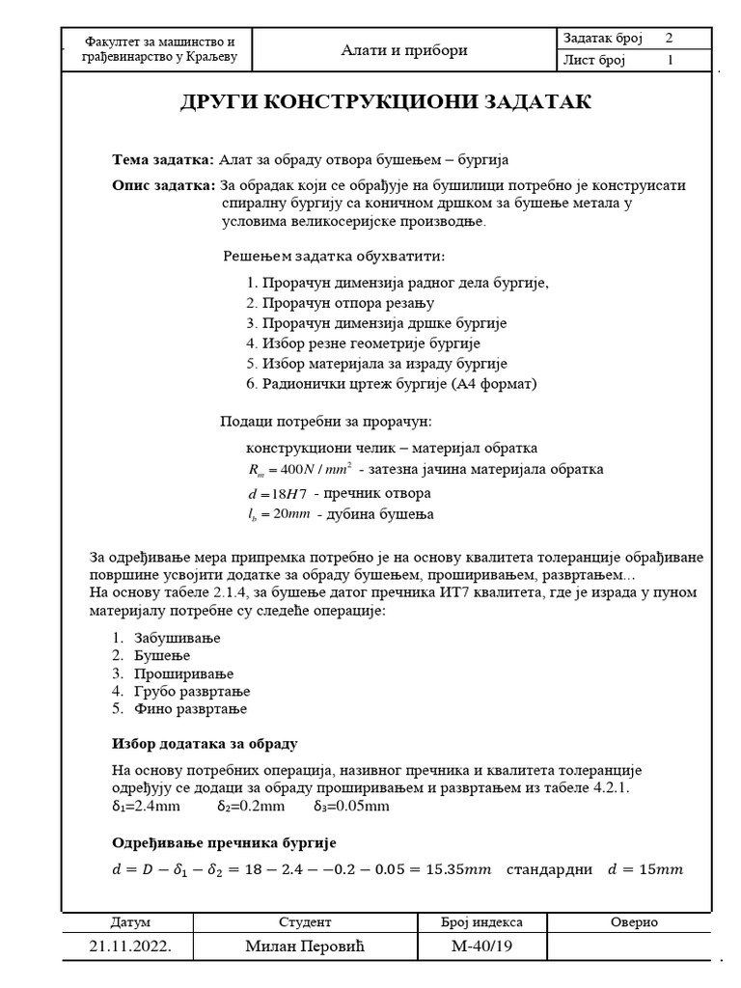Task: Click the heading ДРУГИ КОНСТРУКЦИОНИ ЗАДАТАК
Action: click(385, 103)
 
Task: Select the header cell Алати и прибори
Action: click(404, 51)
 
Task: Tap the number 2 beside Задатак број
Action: click(669, 39)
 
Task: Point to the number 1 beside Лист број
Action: click(670, 61)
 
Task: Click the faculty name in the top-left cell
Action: click(160, 51)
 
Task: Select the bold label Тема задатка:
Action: click(163, 160)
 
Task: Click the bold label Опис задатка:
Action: click(164, 185)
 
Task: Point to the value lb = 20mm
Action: click(279, 514)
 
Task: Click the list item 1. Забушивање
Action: click(165, 639)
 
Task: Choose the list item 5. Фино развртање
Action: click(178, 709)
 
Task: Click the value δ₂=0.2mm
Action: click(250, 806)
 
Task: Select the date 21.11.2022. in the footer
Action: click(130, 947)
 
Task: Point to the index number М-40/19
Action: click(482, 947)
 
